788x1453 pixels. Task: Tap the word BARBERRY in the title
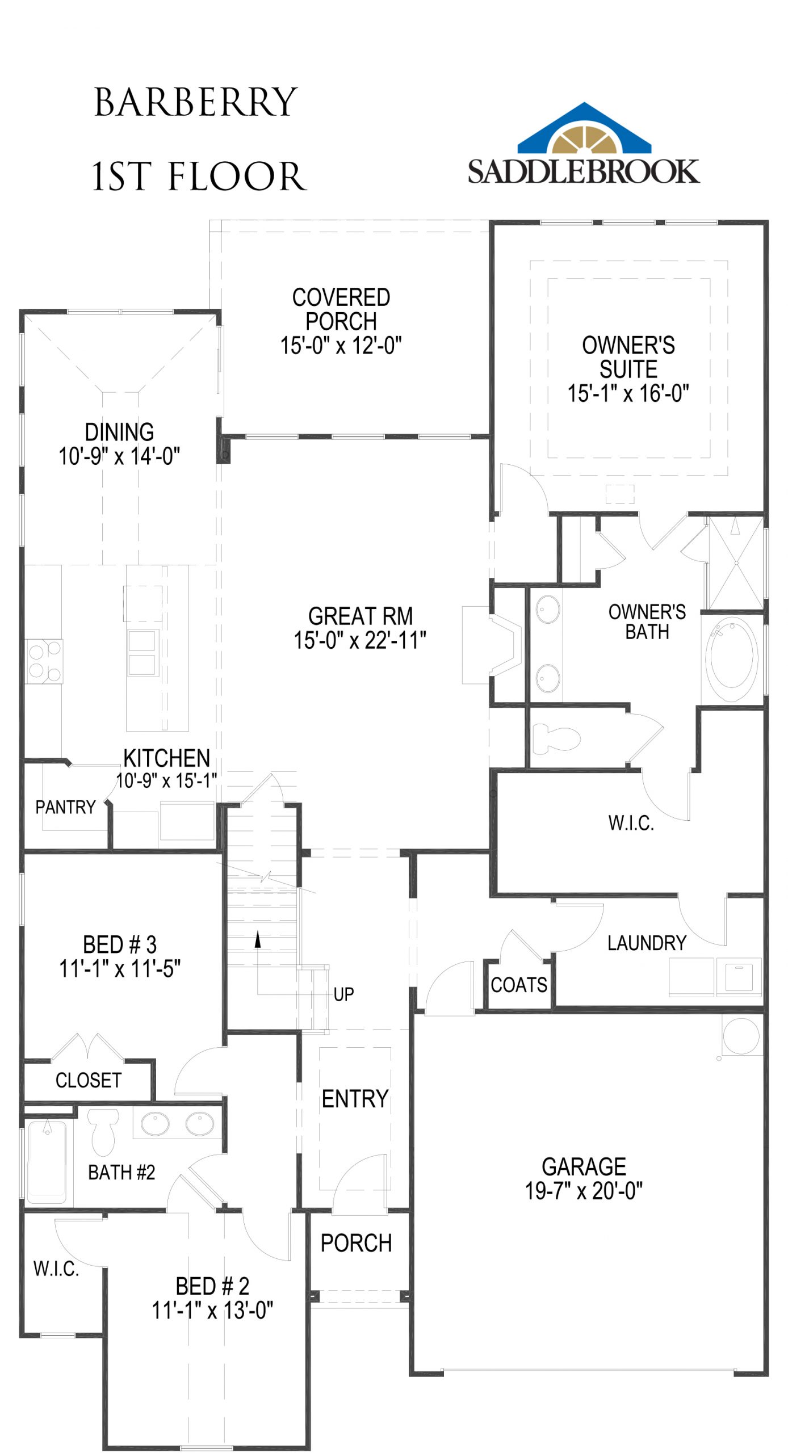[196, 103]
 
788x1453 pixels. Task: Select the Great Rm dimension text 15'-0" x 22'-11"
[360, 640]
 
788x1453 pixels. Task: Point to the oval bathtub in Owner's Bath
[732, 658]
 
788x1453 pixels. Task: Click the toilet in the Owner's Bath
[556, 738]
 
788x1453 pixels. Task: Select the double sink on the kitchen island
[142, 653]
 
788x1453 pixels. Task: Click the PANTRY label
[65, 807]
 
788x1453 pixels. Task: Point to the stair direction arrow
[258, 939]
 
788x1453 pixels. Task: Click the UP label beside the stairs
[343, 994]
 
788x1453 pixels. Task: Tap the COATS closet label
[519, 985]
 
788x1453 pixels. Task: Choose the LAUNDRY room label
[647, 943]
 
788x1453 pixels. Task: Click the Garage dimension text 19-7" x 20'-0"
[584, 1191]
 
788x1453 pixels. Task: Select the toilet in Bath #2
[103, 1132]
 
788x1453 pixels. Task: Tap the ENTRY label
[355, 1099]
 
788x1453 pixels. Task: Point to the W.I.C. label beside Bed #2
[56, 1269]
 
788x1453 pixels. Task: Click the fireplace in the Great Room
[492, 645]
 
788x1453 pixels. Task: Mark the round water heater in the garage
[741, 1035]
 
